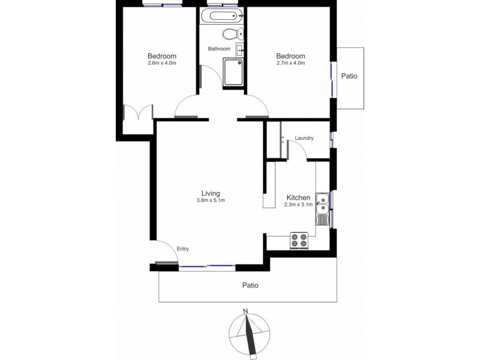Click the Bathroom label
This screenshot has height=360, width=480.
tap(219, 49)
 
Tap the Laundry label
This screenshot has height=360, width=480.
tap(304, 139)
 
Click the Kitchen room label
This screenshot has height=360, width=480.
tap(298, 197)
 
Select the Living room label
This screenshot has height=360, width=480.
tap(210, 193)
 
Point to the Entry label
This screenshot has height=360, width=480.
tap(183, 249)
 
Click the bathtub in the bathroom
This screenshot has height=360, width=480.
tap(224, 16)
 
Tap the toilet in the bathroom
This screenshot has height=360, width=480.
tap(231, 34)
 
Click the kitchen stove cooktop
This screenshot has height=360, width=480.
tap(299, 240)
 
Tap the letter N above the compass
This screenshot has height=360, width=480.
tap(245, 311)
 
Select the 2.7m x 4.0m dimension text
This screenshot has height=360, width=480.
tap(291, 63)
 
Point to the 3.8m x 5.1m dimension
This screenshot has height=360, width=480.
tap(210, 200)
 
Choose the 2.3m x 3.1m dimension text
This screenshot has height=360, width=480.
tap(298, 205)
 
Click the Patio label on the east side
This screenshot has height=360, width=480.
tap(349, 76)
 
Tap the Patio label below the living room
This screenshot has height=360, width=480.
tap(250, 286)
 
